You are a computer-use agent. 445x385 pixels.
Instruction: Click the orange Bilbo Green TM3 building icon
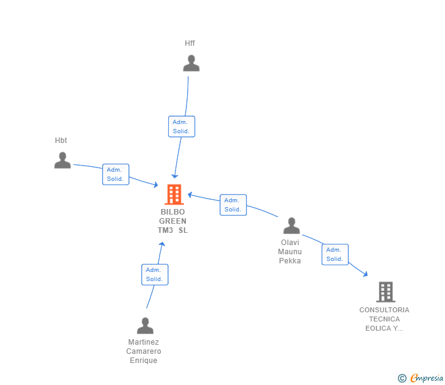point(174,194)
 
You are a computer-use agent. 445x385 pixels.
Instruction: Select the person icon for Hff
point(191,64)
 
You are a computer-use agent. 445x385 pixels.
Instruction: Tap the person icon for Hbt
point(62,160)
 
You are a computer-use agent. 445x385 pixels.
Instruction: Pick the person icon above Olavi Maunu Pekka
point(292,226)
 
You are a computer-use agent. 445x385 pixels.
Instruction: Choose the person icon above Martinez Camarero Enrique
point(145,325)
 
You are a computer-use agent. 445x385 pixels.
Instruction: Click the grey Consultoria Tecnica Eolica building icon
point(386,292)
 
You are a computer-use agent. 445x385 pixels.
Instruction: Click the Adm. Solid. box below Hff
point(182,127)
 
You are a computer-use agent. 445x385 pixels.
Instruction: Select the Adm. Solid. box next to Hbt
point(116,174)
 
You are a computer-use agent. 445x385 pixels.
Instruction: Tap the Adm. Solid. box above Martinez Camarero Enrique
point(155,274)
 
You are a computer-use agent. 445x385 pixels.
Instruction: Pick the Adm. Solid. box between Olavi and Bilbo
point(233,205)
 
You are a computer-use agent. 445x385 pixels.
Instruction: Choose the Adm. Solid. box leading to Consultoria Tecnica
point(335,254)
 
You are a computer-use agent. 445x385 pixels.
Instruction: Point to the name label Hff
point(190,43)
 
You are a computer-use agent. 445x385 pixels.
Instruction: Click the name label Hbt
point(61,141)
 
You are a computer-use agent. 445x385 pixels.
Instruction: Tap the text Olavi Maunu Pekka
point(290,252)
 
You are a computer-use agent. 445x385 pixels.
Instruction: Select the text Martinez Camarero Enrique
point(144,351)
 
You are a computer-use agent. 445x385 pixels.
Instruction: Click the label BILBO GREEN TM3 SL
point(173,221)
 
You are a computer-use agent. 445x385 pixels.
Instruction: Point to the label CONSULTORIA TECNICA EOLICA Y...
point(384,319)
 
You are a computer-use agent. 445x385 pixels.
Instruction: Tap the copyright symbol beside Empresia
point(402,378)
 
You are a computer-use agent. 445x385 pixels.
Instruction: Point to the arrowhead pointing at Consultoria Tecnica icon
point(365,274)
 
